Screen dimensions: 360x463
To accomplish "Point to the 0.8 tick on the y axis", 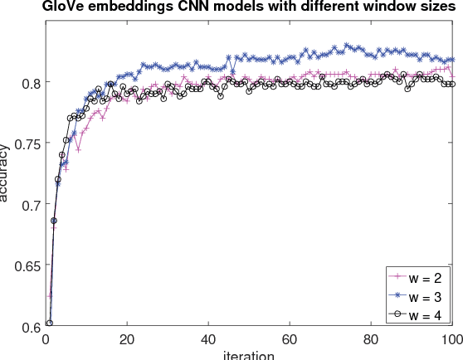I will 27,83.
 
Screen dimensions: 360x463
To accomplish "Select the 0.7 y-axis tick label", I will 27,205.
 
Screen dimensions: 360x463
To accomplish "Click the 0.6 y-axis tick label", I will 27,327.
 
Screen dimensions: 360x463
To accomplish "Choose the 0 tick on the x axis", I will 46,339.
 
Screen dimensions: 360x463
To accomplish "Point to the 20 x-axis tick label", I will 127,339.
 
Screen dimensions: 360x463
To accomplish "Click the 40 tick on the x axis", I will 208,339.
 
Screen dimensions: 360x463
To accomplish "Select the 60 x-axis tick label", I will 290,339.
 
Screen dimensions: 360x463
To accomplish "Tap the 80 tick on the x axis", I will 371,339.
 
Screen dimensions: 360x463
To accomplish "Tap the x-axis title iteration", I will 249,354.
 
